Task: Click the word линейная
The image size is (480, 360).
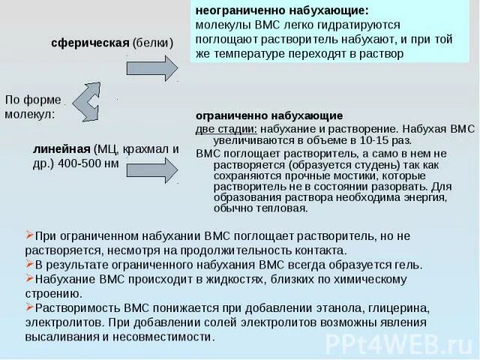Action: pos(62,148)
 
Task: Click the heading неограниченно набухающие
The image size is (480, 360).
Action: pos(282,11)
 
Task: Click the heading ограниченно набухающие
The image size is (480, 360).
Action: pos(269,116)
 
